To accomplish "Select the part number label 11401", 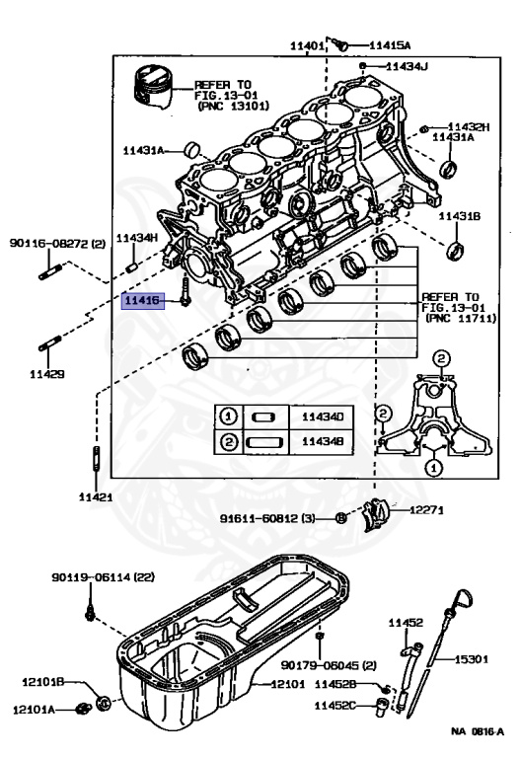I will coord(306,45).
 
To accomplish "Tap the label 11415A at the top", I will coord(390,45).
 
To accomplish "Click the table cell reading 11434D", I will coord(322,417).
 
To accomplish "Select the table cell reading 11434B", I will coord(322,443).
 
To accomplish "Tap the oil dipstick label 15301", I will coord(474,658).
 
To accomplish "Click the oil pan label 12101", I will coord(290,683).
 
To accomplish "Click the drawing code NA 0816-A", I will coord(478,731).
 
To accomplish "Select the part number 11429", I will coord(45,374).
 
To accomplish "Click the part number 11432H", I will coord(468,127).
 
